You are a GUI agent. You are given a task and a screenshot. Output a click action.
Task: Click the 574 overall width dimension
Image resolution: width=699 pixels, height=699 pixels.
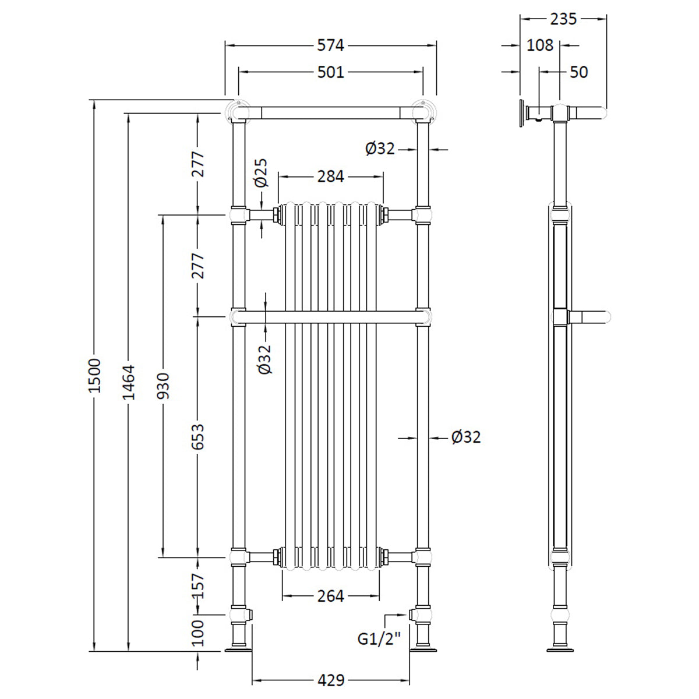(331, 45)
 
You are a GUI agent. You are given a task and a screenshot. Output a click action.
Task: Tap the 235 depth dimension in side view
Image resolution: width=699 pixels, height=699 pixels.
(563, 19)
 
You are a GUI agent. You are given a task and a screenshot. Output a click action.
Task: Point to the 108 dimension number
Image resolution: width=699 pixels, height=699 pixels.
(539, 45)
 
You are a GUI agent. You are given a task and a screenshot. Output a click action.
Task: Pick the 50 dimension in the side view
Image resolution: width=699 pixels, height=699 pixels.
(578, 72)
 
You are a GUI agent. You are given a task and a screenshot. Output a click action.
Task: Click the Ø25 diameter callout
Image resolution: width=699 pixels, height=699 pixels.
(262, 173)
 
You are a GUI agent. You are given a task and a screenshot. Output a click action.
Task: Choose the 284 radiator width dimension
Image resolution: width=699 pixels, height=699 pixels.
(331, 176)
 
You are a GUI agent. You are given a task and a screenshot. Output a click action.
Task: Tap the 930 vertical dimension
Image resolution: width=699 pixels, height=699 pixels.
(164, 386)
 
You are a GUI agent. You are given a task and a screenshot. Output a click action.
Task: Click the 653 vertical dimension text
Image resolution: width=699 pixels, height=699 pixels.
(198, 436)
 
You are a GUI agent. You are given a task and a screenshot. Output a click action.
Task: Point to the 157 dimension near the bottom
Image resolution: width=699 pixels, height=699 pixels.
(198, 585)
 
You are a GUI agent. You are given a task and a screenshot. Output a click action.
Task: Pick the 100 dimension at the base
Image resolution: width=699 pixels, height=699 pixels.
(198, 633)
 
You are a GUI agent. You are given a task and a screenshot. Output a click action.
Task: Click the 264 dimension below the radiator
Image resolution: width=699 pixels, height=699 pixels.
(331, 596)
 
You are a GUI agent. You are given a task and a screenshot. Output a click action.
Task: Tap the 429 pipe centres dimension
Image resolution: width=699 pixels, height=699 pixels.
(331, 680)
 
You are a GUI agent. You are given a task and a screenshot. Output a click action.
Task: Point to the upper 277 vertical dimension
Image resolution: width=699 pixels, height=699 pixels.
(198, 164)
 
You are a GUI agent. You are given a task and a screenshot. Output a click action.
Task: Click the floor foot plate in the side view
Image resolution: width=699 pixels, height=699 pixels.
(560, 648)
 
